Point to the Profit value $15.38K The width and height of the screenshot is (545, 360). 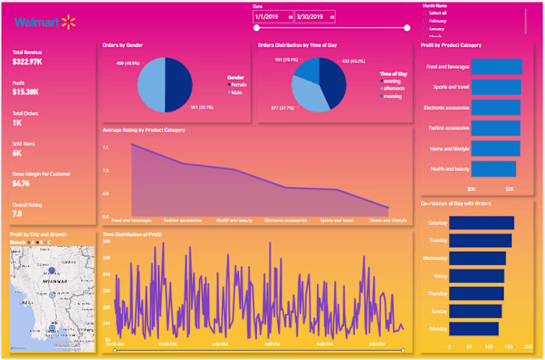[24, 92]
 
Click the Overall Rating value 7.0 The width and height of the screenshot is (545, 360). [17, 213]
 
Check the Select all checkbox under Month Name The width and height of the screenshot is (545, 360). [424, 13]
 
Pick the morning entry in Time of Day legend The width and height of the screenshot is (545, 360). [391, 95]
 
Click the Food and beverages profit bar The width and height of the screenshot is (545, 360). [497, 67]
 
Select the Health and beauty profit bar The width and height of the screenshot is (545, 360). [494, 168]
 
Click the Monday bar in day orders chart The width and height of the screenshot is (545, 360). [474, 328]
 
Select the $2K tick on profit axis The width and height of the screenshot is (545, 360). [509, 189]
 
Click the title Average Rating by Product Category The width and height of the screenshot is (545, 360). [144, 129]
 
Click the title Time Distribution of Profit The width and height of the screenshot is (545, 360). [132, 234]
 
